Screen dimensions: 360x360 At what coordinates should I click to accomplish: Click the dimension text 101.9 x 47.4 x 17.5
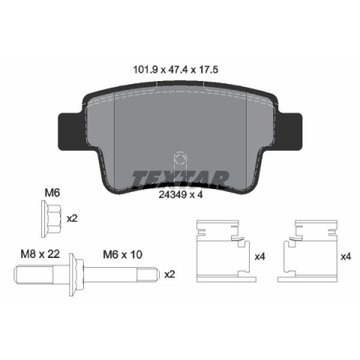pos(175,70)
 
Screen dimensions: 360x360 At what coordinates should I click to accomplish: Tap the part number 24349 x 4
pos(181,194)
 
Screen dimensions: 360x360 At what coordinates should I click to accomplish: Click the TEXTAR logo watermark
pos(180,178)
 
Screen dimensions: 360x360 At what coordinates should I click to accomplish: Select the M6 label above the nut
pos(52,193)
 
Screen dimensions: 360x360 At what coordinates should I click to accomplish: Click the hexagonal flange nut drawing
pos(51,218)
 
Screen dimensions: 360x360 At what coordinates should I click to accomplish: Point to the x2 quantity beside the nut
pos(72,219)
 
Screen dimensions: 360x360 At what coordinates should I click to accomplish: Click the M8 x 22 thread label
pos(40,254)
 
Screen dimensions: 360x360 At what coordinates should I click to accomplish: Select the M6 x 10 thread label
pos(123,255)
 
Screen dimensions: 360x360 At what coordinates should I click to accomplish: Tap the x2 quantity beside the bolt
pos(169,274)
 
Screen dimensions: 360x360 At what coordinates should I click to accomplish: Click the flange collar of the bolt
pos(73,274)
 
